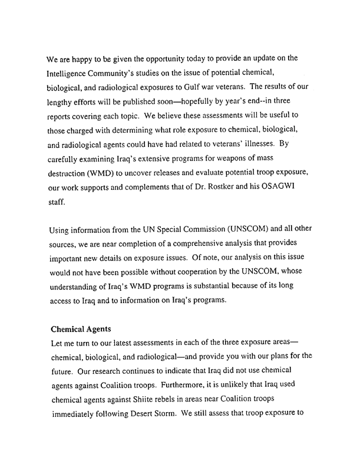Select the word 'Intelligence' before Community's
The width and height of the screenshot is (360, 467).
[x=69, y=75]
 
